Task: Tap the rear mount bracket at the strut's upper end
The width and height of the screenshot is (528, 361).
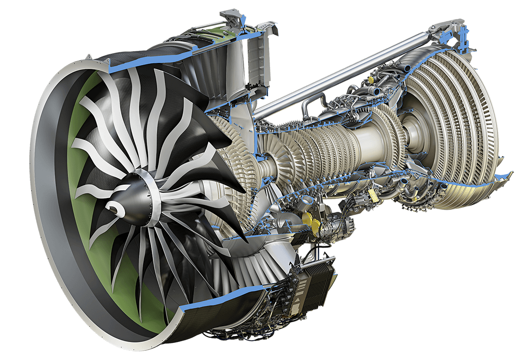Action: coord(447,30)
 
